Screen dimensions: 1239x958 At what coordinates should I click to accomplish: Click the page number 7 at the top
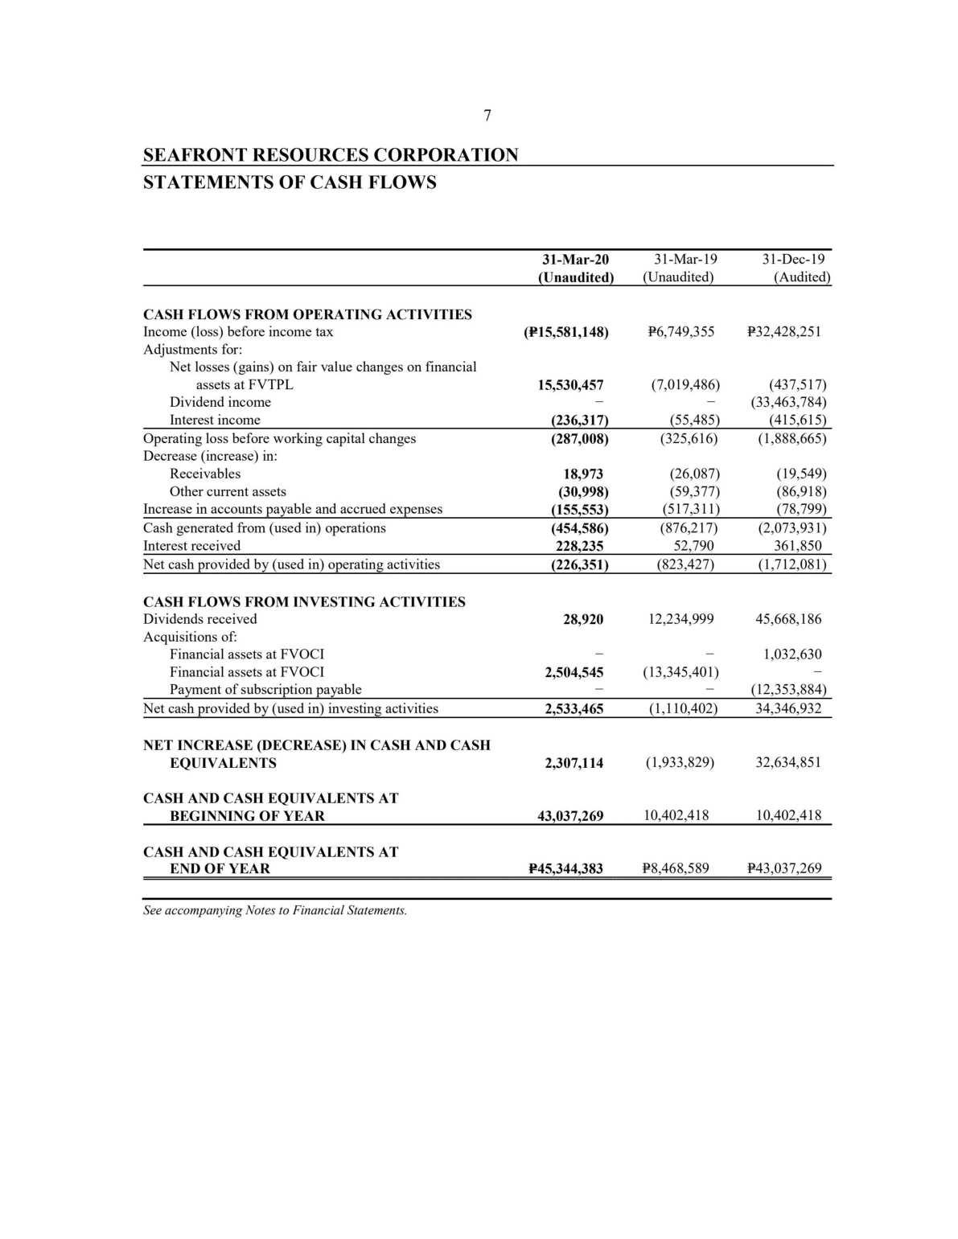pos(487,116)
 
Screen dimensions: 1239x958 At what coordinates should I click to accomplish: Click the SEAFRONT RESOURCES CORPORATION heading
pos(331,154)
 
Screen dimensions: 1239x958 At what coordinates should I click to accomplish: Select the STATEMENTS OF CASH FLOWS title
pos(290,183)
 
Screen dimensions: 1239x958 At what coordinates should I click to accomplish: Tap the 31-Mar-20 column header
pos(575,260)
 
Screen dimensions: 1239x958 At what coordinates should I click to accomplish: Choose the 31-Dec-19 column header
pos(793,260)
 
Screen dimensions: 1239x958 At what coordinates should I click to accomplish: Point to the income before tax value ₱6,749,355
pos(680,331)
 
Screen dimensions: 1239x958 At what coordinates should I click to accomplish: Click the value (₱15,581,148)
pos(565,332)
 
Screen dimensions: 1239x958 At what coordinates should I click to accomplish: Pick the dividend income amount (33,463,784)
pos(787,402)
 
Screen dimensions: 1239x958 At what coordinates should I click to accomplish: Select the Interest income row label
pos(215,420)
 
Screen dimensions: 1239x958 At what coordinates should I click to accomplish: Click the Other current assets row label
pos(228,491)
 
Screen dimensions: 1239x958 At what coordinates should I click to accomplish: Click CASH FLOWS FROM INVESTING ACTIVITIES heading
pos(304,601)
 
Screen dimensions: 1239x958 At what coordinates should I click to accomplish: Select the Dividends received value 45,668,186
pos(788,619)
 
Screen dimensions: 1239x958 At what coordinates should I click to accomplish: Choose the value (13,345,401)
pos(681,672)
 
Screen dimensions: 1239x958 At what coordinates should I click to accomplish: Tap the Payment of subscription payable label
pos(265,689)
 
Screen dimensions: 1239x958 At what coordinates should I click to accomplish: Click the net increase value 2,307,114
pos(574,763)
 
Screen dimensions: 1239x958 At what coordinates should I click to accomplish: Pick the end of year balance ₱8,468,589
pos(676,868)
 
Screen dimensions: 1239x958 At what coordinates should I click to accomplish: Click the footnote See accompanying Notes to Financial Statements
pos(275,910)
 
